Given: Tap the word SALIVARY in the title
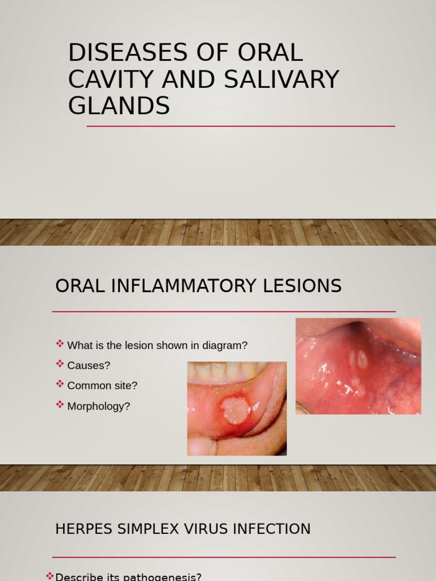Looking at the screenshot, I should coord(282,79).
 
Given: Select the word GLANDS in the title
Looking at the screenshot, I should coord(119,106).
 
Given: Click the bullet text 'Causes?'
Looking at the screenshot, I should coord(89,365).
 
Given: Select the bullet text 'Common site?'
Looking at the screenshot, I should coord(102,386).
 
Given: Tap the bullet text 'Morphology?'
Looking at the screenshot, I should coord(99,406).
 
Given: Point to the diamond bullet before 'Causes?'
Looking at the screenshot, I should coord(60,364).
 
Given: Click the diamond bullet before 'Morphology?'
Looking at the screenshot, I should coord(60,405).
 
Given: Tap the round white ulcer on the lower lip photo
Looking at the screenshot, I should coord(235,410).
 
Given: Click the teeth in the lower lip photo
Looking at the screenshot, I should coord(227,372).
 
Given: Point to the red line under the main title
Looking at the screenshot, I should coord(241,126).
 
